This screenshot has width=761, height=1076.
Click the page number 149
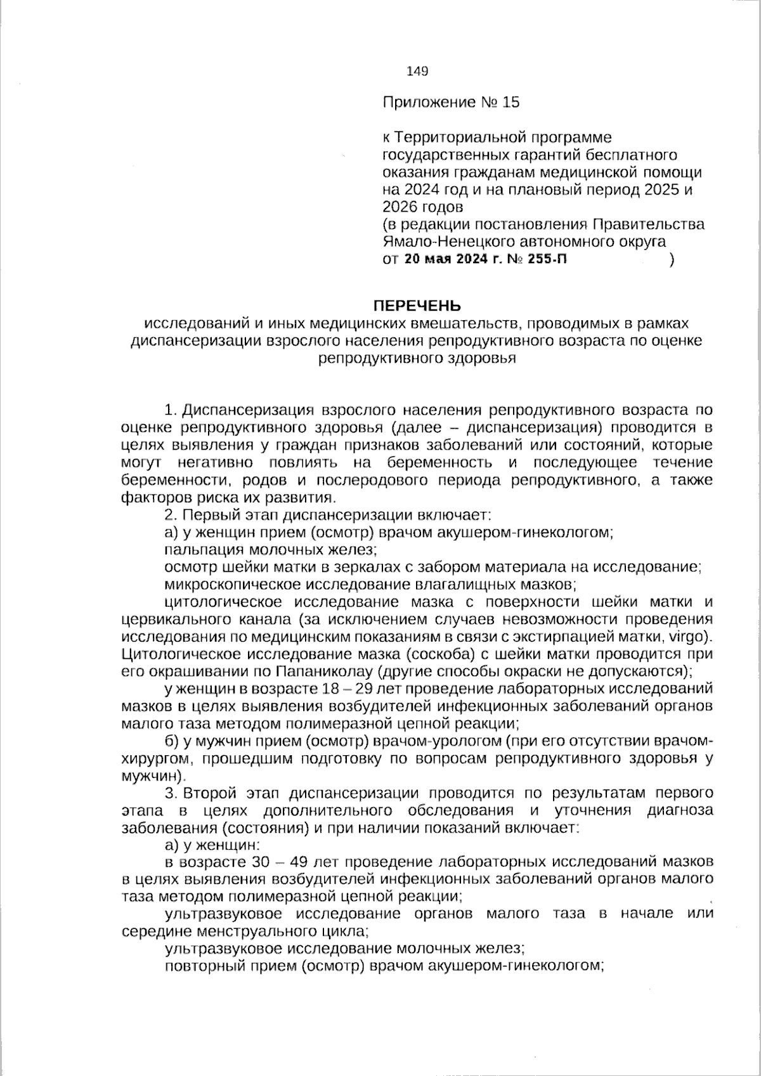coord(417,71)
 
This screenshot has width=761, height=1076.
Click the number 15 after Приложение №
coord(511,102)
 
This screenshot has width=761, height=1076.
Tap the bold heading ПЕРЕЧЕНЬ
coord(417,306)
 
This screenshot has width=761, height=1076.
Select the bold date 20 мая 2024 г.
coord(447,259)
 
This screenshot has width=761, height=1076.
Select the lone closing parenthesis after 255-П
coord(672,259)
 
